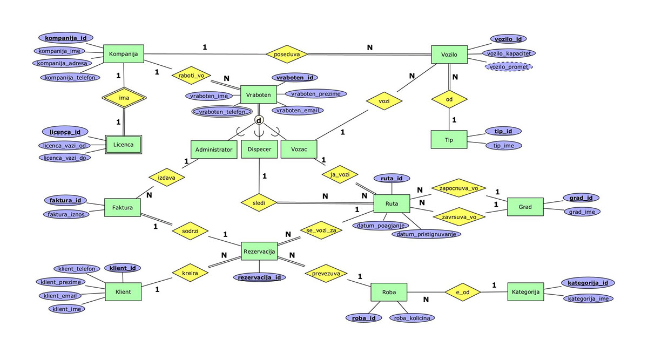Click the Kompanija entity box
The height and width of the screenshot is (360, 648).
tap(124, 54)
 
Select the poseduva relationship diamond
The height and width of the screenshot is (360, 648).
tap(287, 54)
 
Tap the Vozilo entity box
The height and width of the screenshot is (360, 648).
tap(449, 55)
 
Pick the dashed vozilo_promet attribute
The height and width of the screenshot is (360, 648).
tap(509, 66)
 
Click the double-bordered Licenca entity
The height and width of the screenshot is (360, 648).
tap(124, 145)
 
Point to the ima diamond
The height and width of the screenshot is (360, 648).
tap(124, 97)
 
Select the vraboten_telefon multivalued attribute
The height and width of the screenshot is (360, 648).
tap(222, 112)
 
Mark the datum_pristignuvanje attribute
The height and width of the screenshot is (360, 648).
tap(427, 234)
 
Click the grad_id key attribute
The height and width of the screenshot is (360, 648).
tap(582, 198)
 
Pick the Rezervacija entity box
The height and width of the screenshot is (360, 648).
tap(260, 251)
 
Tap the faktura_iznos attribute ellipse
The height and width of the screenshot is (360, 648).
tap(66, 214)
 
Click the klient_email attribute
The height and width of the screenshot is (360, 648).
tap(60, 296)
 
